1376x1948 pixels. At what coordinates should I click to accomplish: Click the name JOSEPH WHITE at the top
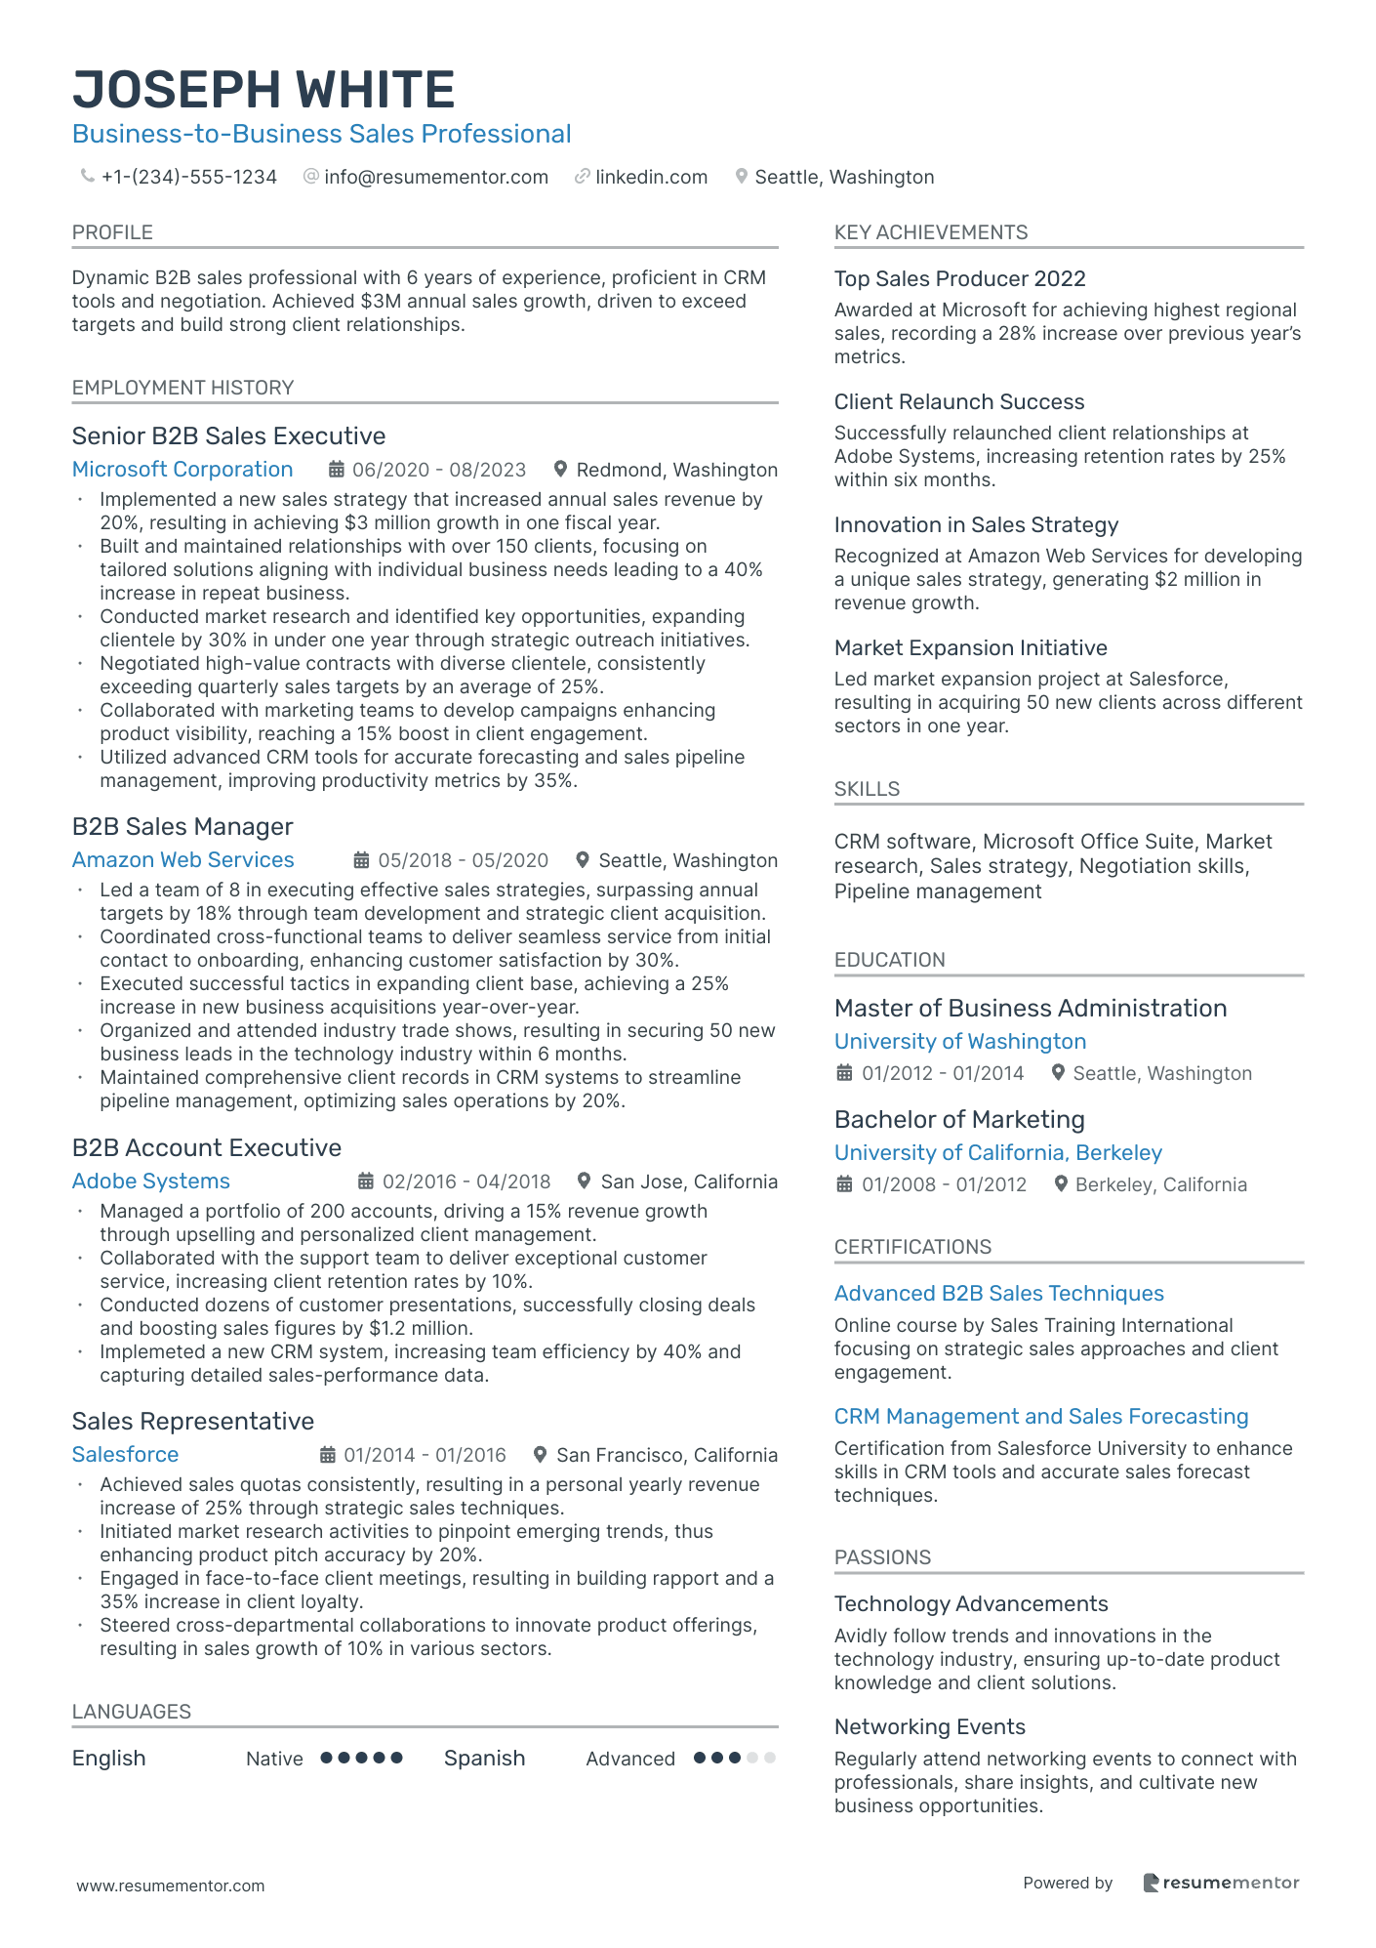[263, 90]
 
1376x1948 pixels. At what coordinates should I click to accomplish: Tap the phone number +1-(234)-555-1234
[188, 177]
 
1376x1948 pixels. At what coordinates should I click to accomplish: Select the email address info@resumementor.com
[435, 177]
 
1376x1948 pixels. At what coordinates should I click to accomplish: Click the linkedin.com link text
[651, 177]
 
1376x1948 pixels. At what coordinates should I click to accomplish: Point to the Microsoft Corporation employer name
[182, 470]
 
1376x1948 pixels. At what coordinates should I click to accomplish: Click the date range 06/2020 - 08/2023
[438, 470]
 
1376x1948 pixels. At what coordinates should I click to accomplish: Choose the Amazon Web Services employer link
[183, 860]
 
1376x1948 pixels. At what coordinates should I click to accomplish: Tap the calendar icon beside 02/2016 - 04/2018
[366, 1181]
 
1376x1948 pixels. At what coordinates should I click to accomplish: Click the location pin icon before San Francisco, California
[540, 1455]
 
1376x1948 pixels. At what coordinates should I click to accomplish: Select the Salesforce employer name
[126, 1455]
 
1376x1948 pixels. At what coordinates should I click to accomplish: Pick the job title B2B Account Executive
[207, 1148]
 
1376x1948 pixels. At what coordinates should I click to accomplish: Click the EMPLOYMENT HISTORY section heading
[182, 388]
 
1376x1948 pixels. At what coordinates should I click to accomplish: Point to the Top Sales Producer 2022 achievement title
[959, 279]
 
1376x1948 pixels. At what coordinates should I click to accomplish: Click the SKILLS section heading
[867, 789]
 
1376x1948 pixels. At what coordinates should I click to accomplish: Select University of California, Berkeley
[997, 1153]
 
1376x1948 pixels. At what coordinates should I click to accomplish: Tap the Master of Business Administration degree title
[1031, 1009]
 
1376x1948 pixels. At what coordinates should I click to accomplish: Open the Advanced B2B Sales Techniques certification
[998, 1294]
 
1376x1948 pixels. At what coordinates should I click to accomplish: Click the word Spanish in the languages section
[484, 1759]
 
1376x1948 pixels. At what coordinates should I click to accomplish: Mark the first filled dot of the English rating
[327, 1758]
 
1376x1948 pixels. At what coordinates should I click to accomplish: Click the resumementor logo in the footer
[1221, 1883]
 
